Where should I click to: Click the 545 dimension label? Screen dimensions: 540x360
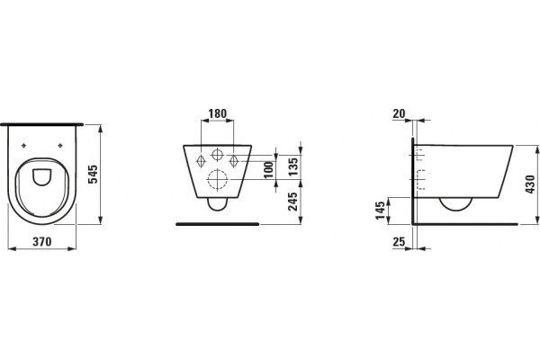click(x=94, y=175)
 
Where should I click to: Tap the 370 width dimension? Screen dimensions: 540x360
click(x=42, y=241)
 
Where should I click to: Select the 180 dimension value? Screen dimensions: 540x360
click(x=218, y=113)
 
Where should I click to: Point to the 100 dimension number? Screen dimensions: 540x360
click(x=269, y=169)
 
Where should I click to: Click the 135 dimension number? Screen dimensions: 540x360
click(x=293, y=166)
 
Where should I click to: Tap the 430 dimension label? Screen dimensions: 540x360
click(x=530, y=184)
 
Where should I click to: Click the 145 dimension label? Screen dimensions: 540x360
click(x=380, y=211)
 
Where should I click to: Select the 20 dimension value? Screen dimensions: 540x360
click(x=399, y=113)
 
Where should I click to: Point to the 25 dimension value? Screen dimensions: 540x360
click(x=399, y=242)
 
